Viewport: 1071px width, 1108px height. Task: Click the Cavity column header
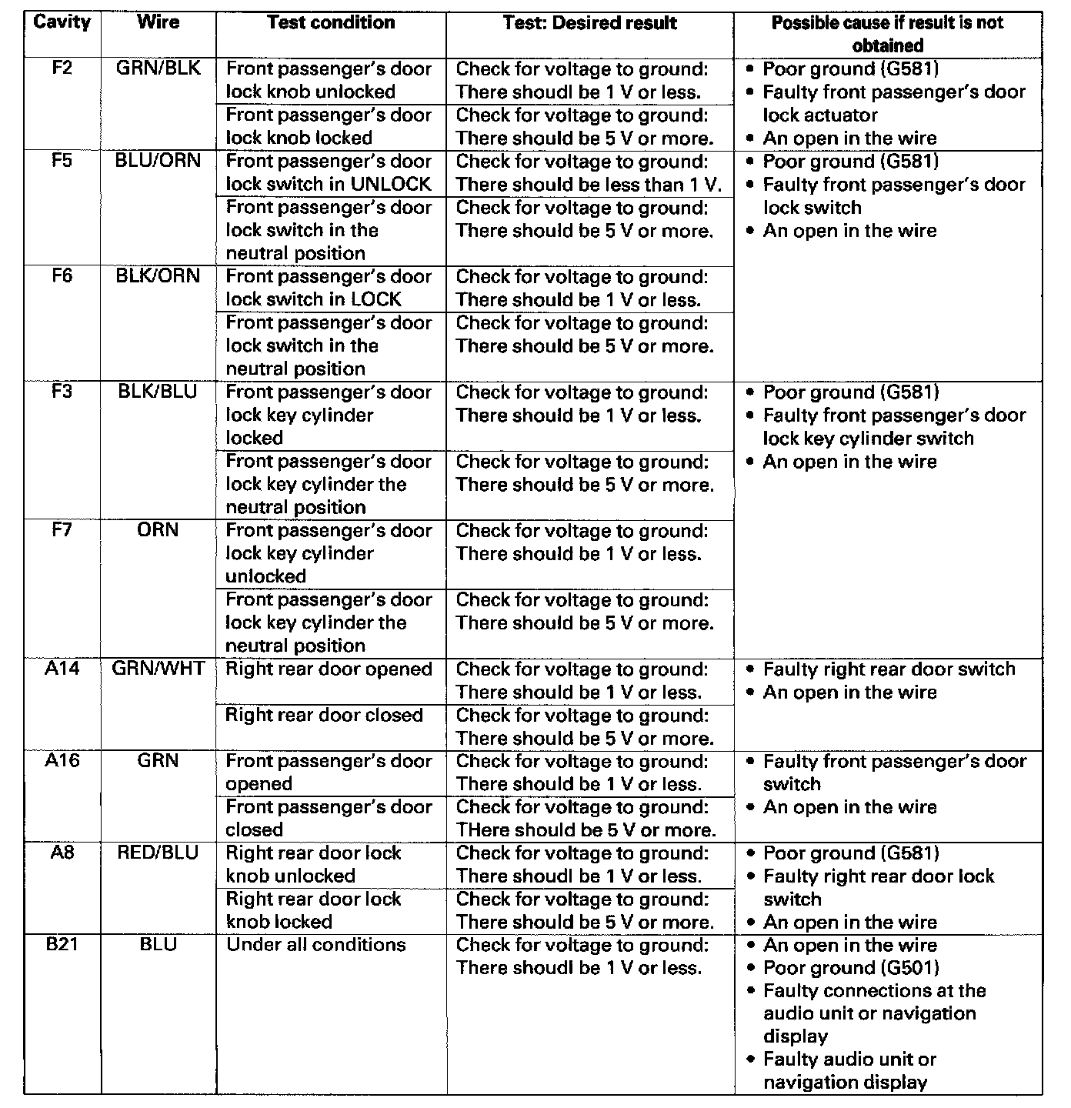(62, 22)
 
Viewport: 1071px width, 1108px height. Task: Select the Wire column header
(158, 22)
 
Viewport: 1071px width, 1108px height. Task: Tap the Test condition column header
(331, 22)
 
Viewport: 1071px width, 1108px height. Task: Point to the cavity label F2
(62, 68)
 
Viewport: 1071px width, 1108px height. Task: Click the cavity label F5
(62, 161)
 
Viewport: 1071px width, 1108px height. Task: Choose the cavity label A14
(62, 669)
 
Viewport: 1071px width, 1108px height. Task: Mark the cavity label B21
(62, 944)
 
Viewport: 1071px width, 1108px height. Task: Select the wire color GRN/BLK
(158, 68)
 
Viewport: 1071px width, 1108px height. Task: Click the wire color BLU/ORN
(158, 161)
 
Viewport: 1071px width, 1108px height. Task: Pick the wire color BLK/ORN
(158, 276)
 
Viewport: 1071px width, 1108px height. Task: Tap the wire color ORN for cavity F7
(158, 530)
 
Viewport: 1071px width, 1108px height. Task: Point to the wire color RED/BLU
(158, 853)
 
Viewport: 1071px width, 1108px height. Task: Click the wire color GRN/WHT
(158, 669)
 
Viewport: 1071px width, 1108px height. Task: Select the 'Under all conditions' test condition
(315, 945)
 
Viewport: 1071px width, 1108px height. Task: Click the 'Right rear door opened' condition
(329, 669)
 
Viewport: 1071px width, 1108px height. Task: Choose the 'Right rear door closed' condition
(324, 715)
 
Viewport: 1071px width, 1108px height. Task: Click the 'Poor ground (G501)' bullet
(850, 968)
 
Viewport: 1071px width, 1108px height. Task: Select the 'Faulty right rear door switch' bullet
(889, 669)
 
